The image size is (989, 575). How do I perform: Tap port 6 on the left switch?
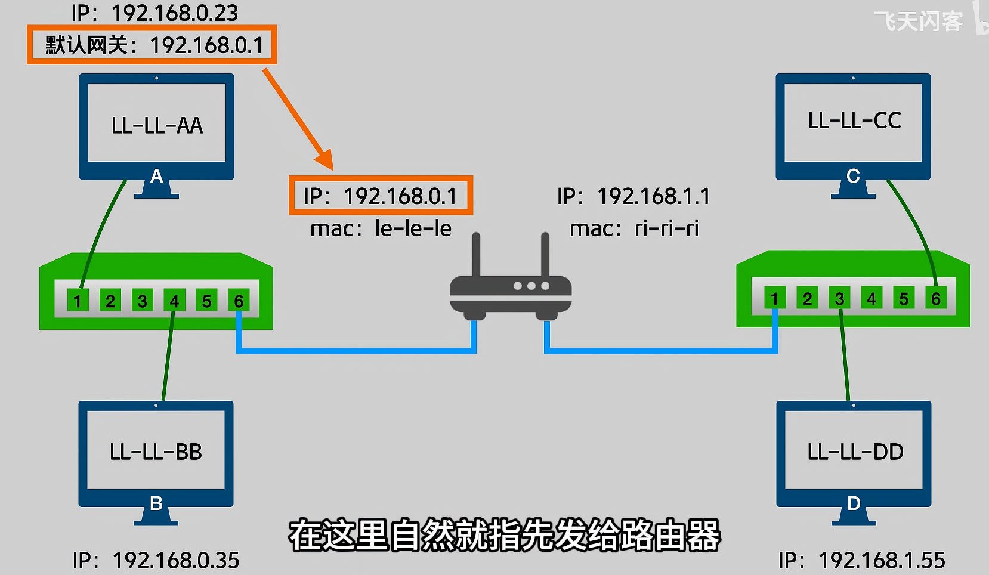coord(239,301)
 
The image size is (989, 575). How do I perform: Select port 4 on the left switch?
coord(174,301)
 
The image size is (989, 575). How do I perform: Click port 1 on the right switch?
coord(774,298)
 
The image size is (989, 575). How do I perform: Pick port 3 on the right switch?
coord(839,298)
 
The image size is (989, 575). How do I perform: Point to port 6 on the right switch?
coord(936,298)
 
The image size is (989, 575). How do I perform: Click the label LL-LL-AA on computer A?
coord(157,126)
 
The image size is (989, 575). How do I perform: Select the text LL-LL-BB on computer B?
coord(156,452)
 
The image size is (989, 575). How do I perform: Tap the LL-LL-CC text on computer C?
coord(854,121)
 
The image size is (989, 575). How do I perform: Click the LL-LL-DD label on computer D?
coord(855,452)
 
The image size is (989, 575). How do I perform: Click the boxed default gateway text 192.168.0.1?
coord(152,45)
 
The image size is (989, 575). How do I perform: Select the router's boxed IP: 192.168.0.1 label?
coord(381,196)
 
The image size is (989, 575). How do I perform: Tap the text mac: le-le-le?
coord(381,228)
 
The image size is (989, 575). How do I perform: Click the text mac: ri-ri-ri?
coord(634,228)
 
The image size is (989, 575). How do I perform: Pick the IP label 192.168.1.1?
coord(633,196)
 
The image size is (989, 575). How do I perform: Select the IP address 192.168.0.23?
coord(155,13)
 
